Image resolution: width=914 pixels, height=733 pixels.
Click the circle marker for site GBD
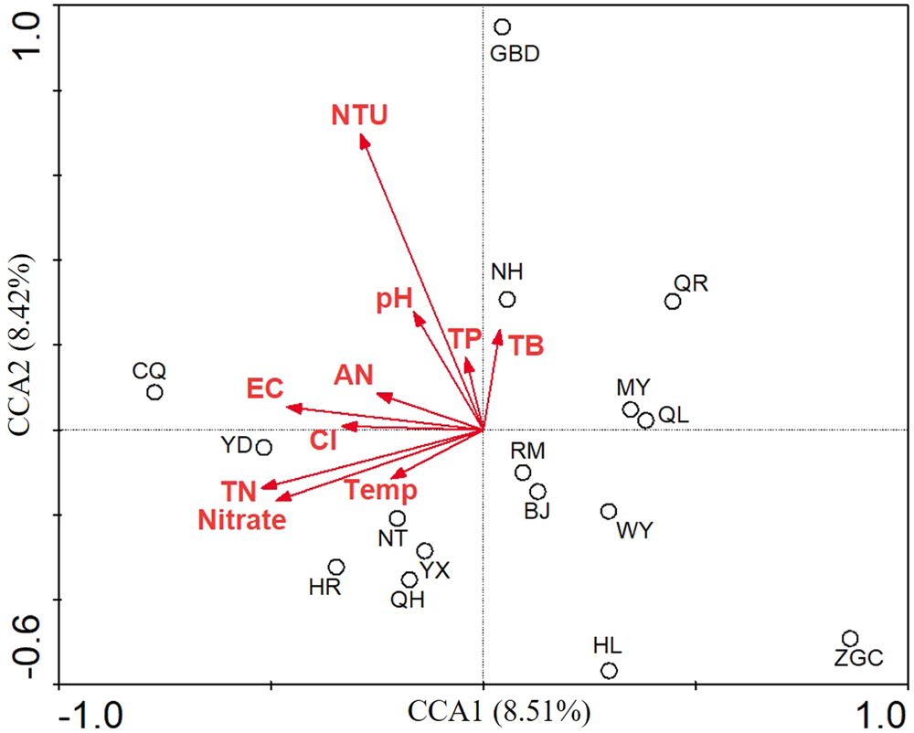point(502,27)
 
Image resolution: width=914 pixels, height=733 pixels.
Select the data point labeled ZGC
point(850,639)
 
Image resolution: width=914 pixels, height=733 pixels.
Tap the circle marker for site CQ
point(154,392)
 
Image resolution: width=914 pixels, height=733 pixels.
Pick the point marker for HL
point(609,671)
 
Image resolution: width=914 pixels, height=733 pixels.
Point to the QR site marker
point(673,302)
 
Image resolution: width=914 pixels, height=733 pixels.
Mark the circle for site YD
point(263,447)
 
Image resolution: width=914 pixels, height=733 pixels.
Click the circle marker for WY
point(609,511)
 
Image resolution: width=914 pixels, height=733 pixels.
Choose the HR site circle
point(336,568)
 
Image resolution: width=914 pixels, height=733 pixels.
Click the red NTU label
point(359,115)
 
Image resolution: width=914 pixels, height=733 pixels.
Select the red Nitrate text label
point(242,520)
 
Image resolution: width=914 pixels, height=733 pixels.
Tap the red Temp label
point(381,491)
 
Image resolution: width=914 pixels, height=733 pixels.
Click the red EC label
point(265,388)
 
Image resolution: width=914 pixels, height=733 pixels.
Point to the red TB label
point(526,345)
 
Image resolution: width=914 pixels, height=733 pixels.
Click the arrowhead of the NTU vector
point(363,139)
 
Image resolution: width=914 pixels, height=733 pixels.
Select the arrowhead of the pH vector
point(418,316)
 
